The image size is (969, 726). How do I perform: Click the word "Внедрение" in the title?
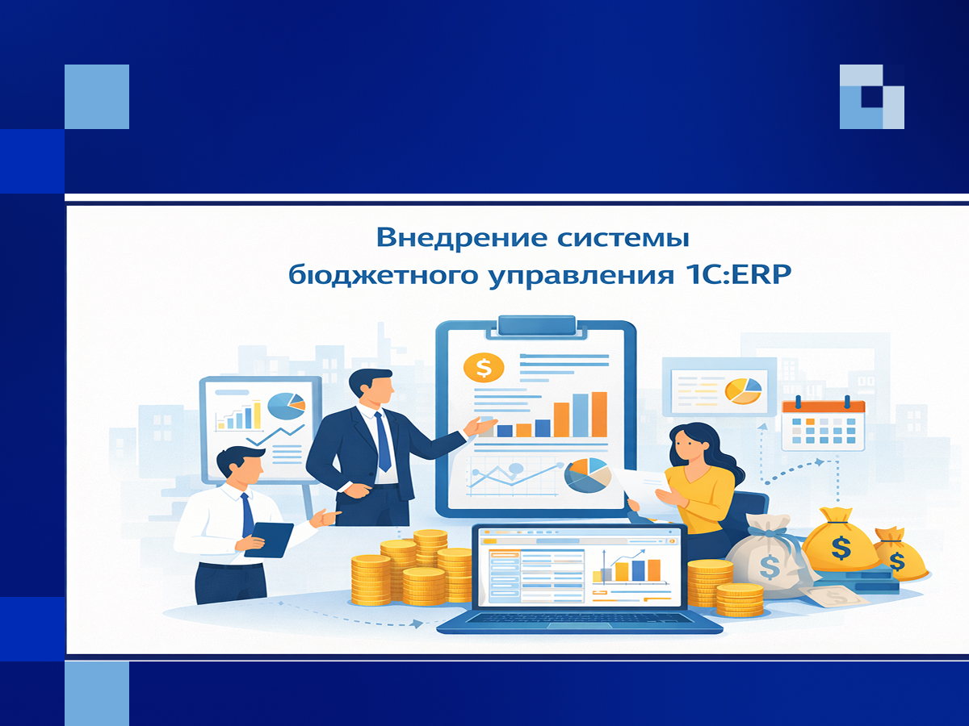coord(461,238)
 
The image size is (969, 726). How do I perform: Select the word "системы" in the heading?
coord(623,239)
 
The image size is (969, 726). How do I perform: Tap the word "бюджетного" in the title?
coord(384,275)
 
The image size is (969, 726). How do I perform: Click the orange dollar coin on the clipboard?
coord(484,367)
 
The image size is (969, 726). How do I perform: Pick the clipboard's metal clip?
coord(537,326)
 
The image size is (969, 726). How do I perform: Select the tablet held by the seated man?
coord(268,540)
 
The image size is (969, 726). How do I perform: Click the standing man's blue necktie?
coord(382,442)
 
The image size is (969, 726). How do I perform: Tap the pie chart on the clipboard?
coord(588,476)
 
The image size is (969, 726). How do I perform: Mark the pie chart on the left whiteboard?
coord(286,406)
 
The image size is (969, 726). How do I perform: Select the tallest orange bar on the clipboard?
coord(599,415)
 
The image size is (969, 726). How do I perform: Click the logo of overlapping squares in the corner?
coord(872,97)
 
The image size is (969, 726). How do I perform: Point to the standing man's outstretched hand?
coord(480,426)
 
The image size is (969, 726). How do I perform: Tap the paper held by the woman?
coord(645,485)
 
